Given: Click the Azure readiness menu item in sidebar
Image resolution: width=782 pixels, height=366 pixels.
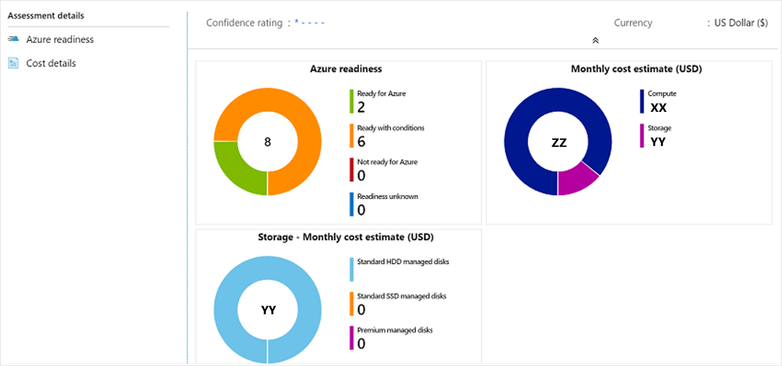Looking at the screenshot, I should point(60,40).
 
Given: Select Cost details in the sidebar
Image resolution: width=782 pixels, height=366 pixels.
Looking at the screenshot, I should point(51,64).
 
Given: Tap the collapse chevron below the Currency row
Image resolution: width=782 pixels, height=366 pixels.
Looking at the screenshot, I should point(595,41).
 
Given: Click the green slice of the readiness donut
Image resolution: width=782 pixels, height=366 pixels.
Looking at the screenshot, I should point(237,167).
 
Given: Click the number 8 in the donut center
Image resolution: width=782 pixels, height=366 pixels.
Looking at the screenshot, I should point(267,142).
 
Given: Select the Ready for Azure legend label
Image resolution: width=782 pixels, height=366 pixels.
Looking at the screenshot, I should point(381,94).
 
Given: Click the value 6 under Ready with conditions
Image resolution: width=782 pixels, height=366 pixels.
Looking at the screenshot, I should point(361,142).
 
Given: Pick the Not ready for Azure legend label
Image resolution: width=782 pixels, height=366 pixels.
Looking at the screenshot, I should point(387,162).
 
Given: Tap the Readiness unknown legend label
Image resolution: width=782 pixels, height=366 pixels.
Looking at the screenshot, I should point(388,196).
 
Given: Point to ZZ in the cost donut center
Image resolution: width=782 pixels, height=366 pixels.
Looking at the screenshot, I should point(559,143).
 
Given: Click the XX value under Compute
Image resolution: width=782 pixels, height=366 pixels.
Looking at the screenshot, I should point(658,108).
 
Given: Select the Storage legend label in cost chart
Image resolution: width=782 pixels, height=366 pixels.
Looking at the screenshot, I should point(659,128).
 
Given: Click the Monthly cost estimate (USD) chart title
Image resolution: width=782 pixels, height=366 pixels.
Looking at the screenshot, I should point(636,69).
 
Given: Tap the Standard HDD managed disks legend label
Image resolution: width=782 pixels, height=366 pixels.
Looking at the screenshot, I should point(403,262).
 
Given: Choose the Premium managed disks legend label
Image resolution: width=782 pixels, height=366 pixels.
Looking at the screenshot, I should point(394,330).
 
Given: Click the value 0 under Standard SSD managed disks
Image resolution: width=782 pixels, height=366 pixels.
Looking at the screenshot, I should point(361,310).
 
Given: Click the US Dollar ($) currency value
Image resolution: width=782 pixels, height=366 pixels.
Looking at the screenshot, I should point(740,23).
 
